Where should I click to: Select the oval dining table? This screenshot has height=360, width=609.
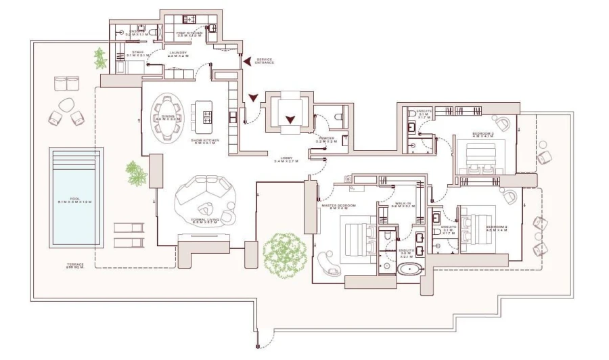pyautogui.click(x=167, y=117)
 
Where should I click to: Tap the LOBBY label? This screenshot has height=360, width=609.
pyautogui.click(x=285, y=160)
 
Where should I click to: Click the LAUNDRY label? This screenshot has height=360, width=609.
pyautogui.click(x=179, y=53)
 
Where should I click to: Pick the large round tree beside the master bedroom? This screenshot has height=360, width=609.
pyautogui.click(x=285, y=254)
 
